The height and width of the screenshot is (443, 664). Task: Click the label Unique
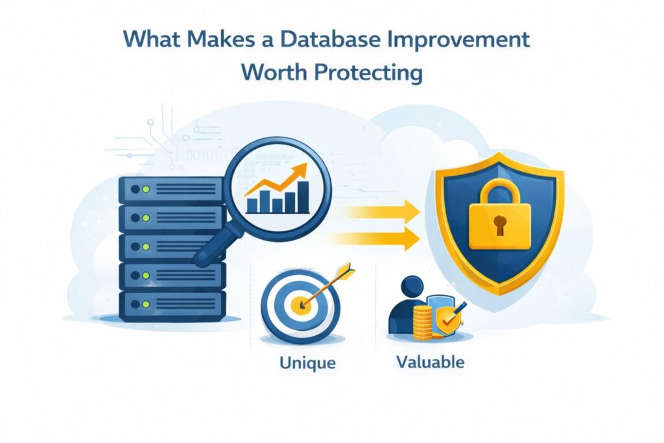(307, 362)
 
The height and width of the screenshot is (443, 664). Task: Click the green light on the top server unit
(145, 189)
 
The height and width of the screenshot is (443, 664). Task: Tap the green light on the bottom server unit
(145, 302)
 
